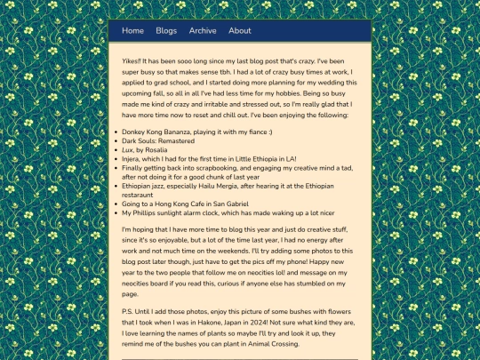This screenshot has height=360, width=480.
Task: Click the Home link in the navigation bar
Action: coord(132,30)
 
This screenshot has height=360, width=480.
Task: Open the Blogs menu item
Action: coord(166,30)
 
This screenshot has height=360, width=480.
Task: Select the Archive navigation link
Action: coord(203,30)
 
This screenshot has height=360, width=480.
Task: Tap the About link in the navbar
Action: coord(240,30)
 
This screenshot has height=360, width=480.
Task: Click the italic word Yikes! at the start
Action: coord(134,60)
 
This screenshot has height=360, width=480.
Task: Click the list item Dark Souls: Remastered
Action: coord(158,140)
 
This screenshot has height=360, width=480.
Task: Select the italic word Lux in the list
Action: coord(127,149)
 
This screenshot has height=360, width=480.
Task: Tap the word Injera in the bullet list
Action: coord(133,157)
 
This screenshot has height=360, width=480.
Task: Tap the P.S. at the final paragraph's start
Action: coord(129,312)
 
